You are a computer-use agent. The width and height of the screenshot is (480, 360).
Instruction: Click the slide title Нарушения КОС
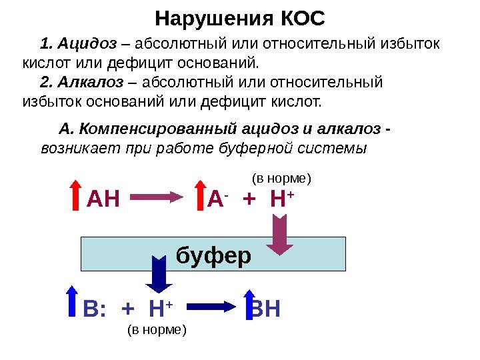coord(240,18)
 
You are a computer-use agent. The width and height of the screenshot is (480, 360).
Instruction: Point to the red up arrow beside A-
coord(199,196)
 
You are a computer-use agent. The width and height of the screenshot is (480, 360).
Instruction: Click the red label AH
coord(103,198)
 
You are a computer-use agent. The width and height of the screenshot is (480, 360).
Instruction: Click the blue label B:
coord(95,309)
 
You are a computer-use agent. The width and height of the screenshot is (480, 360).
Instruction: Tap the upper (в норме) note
coord(281,179)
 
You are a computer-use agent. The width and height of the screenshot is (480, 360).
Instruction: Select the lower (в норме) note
coord(157,330)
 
